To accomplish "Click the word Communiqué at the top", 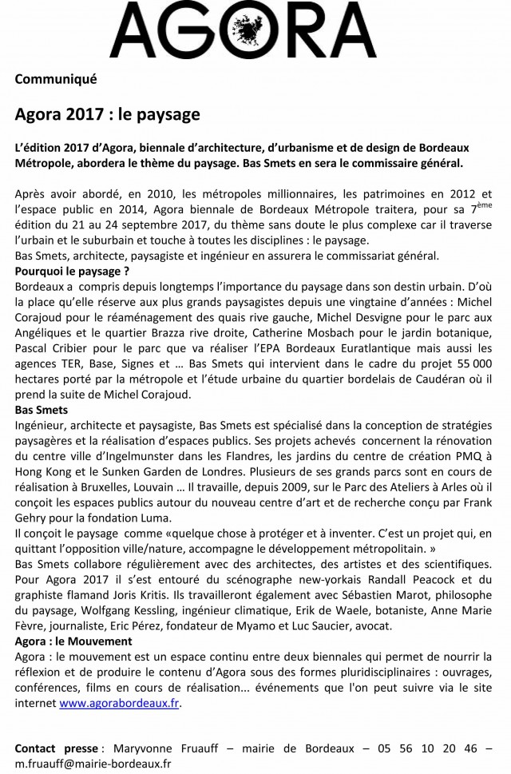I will [55, 78].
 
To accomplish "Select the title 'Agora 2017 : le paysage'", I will [107, 115].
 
